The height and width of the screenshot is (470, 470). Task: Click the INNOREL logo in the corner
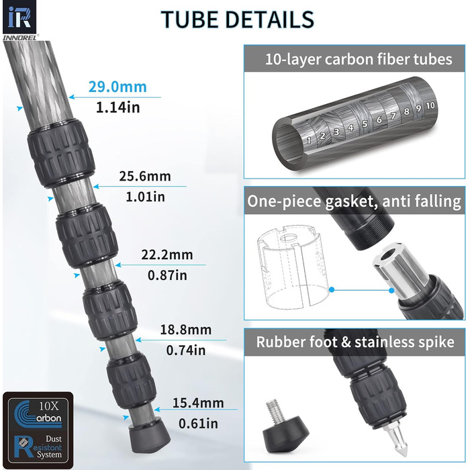19,20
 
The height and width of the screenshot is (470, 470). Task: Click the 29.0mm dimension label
117,87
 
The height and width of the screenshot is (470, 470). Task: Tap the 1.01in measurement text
145,197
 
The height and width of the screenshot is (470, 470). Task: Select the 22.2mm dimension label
167,254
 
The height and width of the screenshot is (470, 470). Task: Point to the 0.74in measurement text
186,350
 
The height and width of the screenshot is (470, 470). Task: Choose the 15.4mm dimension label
198,403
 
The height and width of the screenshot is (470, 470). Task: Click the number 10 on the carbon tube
430,105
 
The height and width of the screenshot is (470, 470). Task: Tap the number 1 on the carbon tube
309,140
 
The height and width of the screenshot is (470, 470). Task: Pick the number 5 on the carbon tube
365,124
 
